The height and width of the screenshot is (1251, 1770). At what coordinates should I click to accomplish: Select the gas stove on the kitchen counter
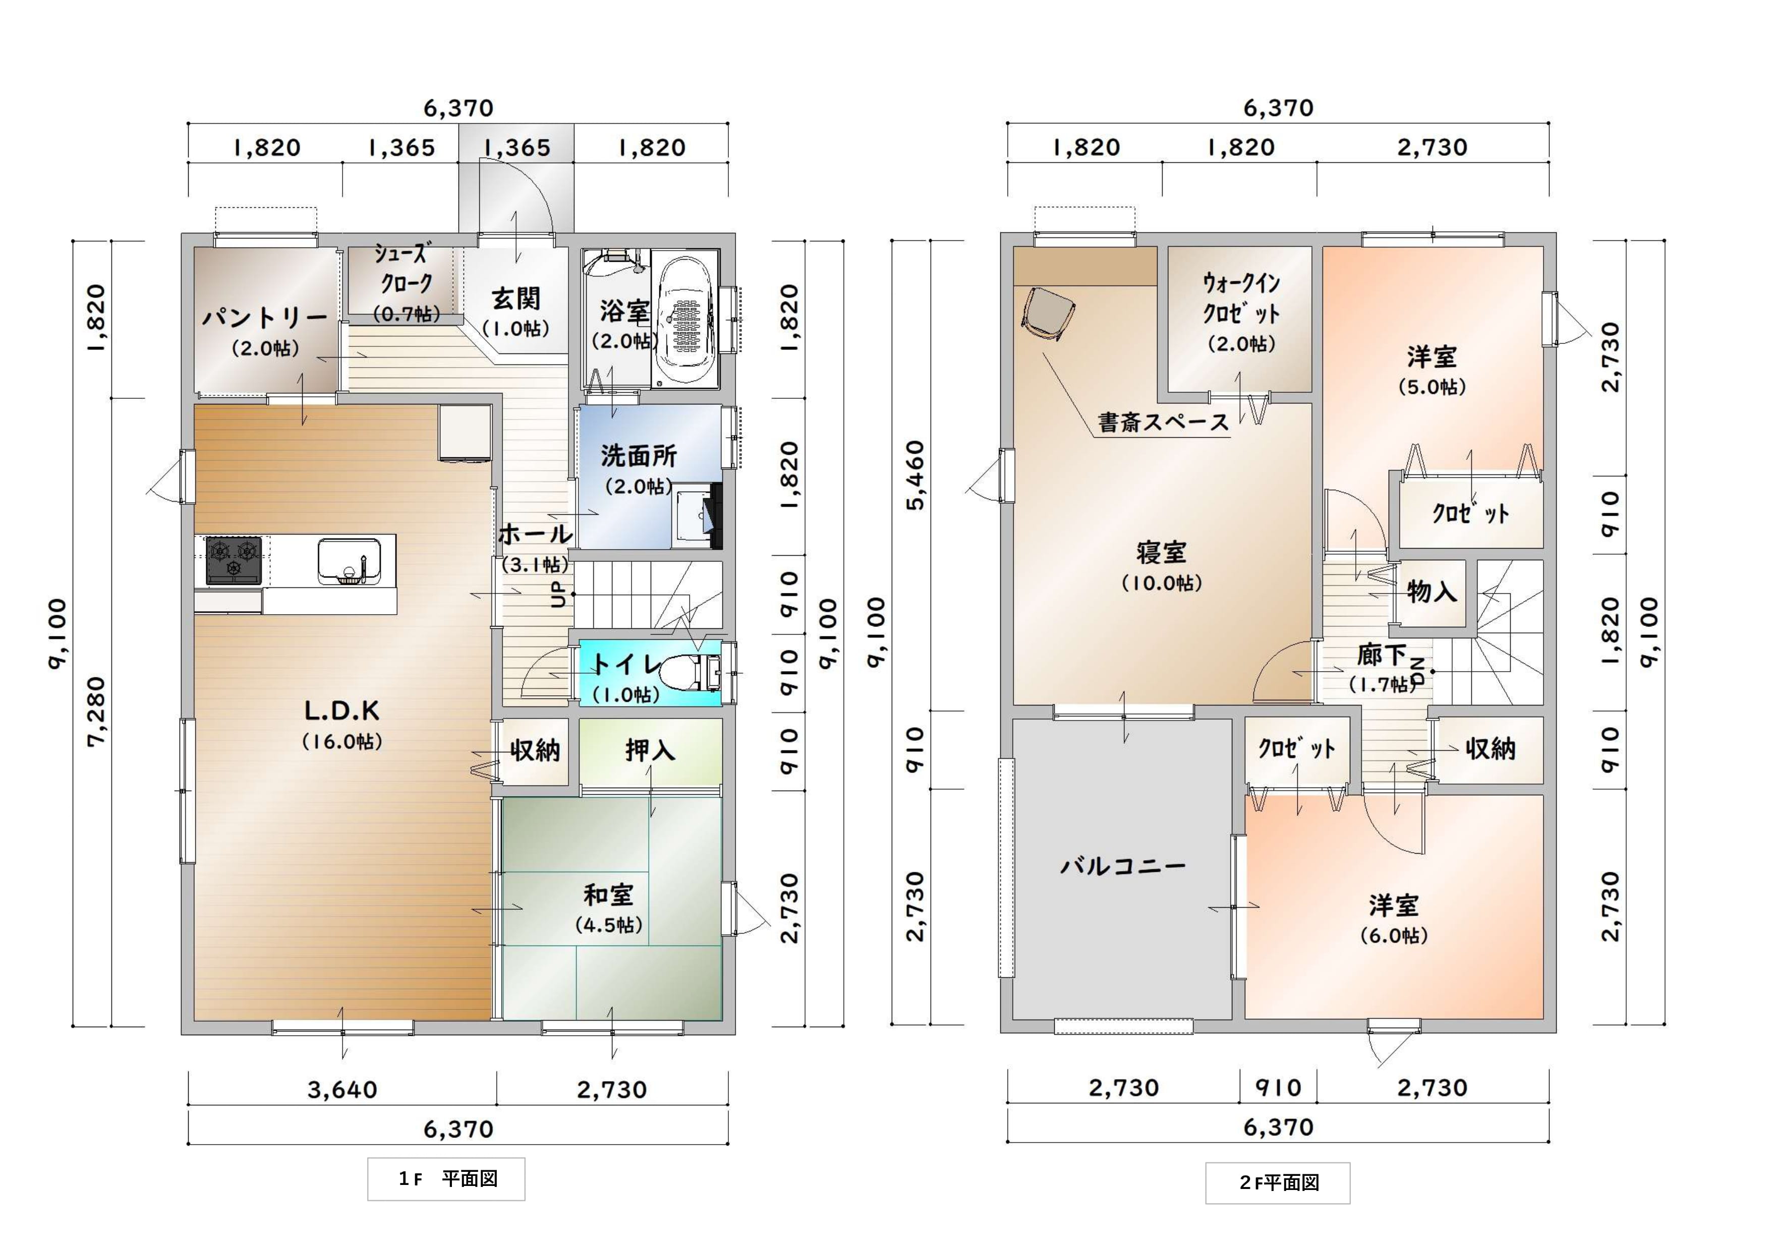[234, 560]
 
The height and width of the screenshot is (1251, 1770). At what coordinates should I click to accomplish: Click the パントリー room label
[264, 318]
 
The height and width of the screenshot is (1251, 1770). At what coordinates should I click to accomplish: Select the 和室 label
[608, 895]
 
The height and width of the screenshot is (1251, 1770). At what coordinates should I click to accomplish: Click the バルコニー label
[1123, 866]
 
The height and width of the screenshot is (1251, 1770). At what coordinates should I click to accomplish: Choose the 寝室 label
[1161, 553]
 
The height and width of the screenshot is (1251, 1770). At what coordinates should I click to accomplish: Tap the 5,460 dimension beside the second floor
[915, 475]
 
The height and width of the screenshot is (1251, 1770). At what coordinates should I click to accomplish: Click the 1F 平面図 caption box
[446, 1178]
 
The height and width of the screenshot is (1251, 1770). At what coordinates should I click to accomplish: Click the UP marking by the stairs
[558, 593]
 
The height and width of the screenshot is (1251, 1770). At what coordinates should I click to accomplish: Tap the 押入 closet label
[650, 749]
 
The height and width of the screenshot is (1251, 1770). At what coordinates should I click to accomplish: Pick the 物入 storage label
[1432, 591]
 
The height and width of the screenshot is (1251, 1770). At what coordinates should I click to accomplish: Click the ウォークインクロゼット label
[1241, 299]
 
